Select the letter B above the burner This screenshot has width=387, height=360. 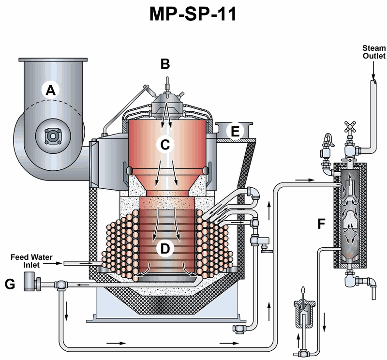(165, 63)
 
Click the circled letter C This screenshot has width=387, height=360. (165, 144)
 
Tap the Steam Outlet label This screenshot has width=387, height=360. (373, 52)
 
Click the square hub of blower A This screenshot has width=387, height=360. (51, 135)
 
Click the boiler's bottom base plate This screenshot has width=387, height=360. (165, 318)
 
